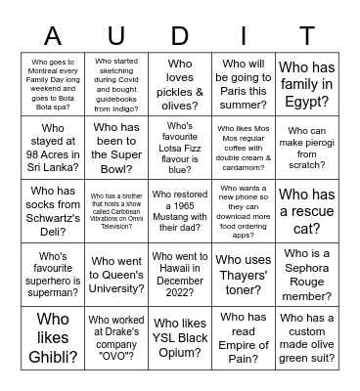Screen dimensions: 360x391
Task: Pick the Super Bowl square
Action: (x=118, y=147)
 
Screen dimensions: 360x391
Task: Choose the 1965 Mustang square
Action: (x=179, y=209)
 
